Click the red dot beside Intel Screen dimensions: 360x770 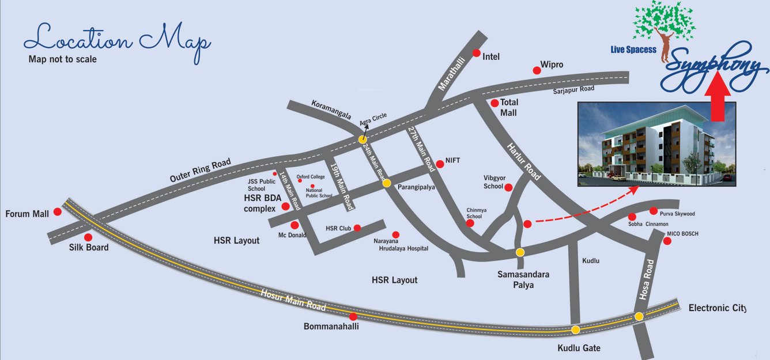click(477, 53)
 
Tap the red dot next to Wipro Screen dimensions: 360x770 click(537, 70)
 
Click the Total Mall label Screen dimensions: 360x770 click(509, 108)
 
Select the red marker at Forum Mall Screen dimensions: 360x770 click(58, 211)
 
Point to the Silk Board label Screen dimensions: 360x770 click(89, 248)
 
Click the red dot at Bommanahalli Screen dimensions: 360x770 click(353, 316)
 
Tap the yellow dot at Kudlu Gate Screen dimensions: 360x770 click(575, 329)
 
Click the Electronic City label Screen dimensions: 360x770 click(717, 308)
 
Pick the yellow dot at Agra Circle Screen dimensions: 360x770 click(363, 139)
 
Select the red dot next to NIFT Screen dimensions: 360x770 click(440, 164)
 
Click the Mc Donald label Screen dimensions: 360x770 click(293, 235)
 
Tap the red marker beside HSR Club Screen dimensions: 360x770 click(357, 228)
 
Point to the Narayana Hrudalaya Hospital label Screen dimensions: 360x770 click(401, 245)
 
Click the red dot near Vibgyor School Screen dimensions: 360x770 click(508, 187)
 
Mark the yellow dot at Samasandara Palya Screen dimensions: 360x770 click(520, 252)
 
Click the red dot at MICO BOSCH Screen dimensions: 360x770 click(667, 241)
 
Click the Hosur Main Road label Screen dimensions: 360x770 click(293, 300)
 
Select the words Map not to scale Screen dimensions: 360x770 click(62, 59)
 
